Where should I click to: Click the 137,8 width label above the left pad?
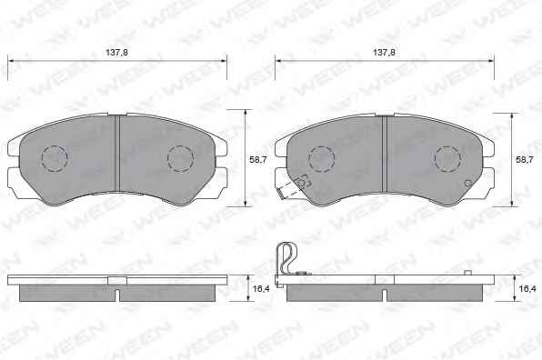[116, 53]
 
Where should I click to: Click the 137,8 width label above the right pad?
[384, 53]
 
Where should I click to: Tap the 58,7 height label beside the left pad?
[258, 160]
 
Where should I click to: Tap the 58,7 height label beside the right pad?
[525, 160]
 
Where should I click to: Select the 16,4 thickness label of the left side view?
[261, 288]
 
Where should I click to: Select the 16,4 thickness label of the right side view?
[527, 288]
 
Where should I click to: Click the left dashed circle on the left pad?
[55, 158]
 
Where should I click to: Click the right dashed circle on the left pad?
[180, 158]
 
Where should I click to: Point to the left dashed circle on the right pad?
[321, 159]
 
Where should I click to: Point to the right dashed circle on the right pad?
[447, 159]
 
